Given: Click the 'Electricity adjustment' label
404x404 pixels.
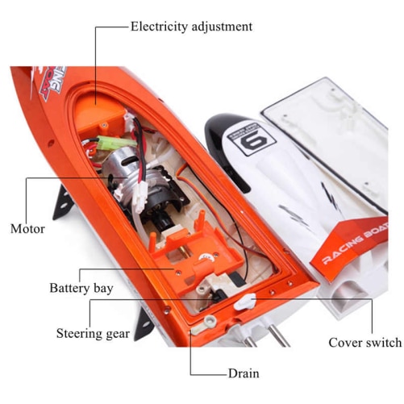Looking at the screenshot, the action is pos(191,27).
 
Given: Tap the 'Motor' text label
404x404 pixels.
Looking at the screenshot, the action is pos(27,229).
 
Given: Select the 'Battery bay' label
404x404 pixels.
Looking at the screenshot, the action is pos(81,288).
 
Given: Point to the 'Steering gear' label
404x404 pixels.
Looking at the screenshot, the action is pos(93,334).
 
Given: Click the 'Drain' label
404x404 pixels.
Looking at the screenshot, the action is pos(244,373).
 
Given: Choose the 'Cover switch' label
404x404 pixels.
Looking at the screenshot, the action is pos(365,343).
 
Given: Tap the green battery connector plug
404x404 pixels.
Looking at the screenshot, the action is pos(110,141).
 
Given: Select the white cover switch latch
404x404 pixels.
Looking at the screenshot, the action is pos(244,302).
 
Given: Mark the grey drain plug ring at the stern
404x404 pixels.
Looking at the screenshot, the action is pos(210,320).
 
